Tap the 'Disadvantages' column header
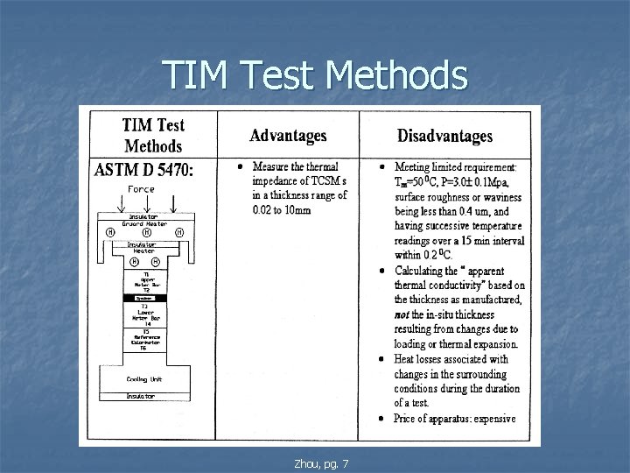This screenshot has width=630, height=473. tap(444, 136)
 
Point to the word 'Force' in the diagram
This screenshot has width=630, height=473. tap(142, 188)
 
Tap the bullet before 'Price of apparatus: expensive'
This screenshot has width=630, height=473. tap(383, 418)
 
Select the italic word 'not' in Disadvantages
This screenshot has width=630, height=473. tap(404, 314)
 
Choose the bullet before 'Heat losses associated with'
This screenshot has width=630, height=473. tap(383, 359)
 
